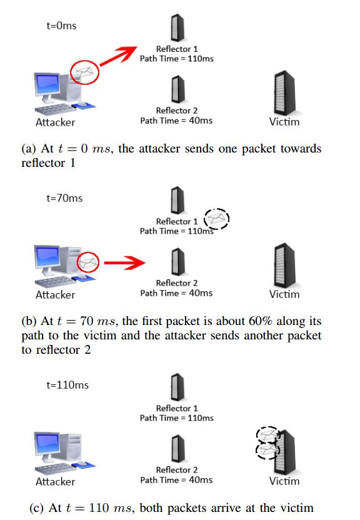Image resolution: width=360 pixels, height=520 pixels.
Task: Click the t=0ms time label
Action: tap(61, 26)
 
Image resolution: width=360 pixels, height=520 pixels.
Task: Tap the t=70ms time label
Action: tap(64, 198)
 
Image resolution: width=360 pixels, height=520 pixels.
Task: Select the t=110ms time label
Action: tap(67, 385)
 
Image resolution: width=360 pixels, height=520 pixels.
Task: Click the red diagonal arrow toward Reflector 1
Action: tap(118, 56)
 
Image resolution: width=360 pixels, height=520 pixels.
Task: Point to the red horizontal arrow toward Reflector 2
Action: tap(124, 262)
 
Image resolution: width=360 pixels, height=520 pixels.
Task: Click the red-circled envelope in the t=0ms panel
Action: tap(84, 72)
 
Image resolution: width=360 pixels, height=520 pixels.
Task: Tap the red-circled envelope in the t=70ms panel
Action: tap(88, 262)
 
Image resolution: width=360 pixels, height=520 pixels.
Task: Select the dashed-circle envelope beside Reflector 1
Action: tap(217, 219)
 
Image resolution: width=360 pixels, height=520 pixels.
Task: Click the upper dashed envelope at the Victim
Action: tap(268, 434)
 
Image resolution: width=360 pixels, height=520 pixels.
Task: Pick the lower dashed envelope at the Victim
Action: tap(267, 451)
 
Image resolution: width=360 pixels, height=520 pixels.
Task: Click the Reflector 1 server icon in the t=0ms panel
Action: tap(177, 28)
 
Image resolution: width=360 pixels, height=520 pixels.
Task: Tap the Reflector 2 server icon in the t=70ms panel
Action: tap(177, 262)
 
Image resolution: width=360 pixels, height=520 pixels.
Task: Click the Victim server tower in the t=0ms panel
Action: tap(284, 93)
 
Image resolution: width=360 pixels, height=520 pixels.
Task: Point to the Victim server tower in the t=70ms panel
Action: tap(284, 266)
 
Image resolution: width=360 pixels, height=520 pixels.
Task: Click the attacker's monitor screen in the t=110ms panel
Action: tap(48, 443)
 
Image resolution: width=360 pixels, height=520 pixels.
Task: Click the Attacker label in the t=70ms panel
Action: tap(56, 294)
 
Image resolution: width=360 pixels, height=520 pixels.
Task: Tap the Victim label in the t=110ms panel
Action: tap(284, 481)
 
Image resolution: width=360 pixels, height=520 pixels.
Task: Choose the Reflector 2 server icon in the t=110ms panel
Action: tap(177, 449)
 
